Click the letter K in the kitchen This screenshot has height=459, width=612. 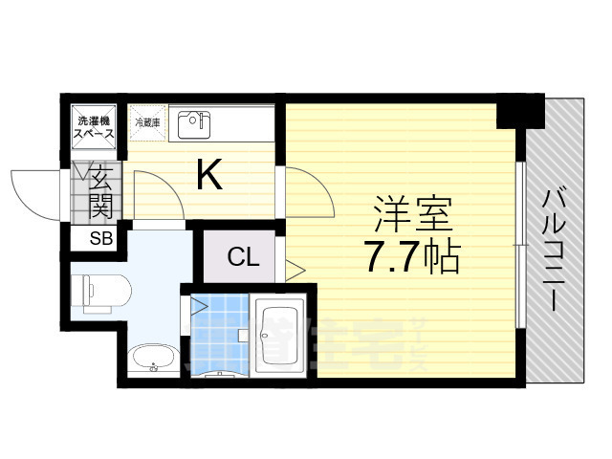pos(209,175)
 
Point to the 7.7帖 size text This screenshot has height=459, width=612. pos(412,257)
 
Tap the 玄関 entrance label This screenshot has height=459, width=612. pos(101,191)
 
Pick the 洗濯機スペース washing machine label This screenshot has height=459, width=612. pos(96,127)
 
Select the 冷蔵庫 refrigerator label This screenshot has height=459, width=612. pos(147,122)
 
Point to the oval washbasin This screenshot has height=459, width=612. pos(153,361)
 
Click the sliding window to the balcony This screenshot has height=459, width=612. pos(519,244)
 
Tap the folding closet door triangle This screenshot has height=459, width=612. pos(294,271)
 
